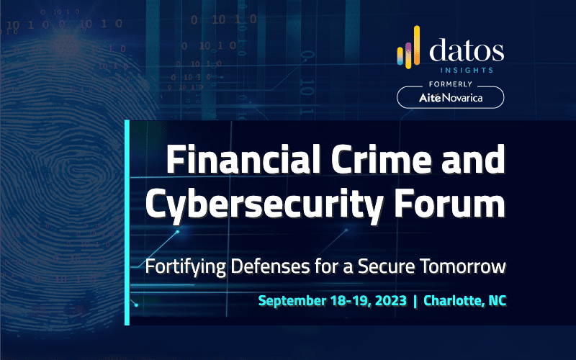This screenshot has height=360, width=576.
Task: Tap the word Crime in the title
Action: coord(382,158)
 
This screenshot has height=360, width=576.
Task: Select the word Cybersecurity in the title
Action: coord(264,204)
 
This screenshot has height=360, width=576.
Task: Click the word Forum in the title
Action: coord(450,203)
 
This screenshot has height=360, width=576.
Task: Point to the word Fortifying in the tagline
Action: coord(186,267)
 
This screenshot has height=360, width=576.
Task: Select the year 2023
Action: coord(391,300)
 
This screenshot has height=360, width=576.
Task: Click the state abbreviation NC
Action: coord(498,300)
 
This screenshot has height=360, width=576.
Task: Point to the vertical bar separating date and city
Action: coord(415,301)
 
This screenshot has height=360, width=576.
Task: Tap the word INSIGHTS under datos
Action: coord(467,70)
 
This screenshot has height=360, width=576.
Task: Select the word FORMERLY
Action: coord(451,84)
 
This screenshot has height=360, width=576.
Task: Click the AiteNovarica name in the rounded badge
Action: coord(451,98)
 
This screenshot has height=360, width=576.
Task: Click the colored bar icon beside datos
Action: coord(408,48)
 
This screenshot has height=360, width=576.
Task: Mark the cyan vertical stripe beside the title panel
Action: coord(127,222)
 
